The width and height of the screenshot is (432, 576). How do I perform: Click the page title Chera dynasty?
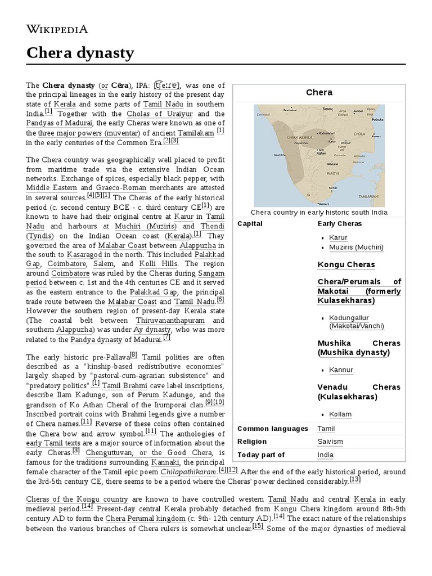[x=80, y=53]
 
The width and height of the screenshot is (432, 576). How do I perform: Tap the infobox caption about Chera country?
[x=319, y=212]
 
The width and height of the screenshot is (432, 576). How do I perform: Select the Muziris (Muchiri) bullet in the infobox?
[x=357, y=247]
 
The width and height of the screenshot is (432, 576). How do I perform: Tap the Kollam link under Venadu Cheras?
[x=340, y=414]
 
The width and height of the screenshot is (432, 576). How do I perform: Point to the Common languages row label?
[x=273, y=429]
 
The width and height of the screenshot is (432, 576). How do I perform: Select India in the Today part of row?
[x=325, y=454]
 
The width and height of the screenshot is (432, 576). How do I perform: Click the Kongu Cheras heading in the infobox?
[x=346, y=264]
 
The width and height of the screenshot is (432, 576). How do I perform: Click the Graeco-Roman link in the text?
[x=123, y=187]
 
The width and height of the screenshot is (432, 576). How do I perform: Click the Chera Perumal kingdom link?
[x=136, y=517]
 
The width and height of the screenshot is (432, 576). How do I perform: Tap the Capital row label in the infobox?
[x=250, y=223]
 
